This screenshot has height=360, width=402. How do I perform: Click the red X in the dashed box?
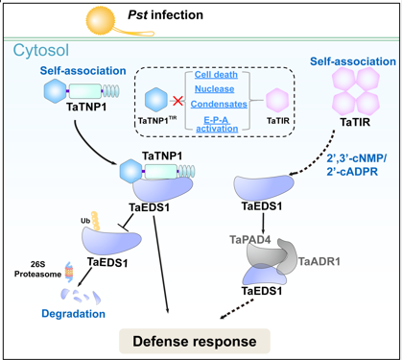(177, 99)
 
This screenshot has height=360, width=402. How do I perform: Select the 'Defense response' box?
(208, 339)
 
